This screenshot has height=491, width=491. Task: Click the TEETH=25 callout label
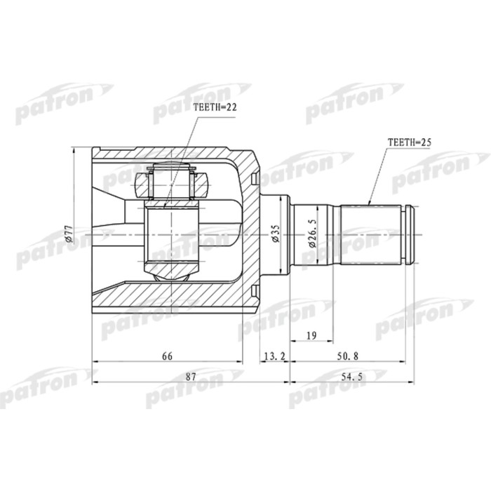click(x=408, y=142)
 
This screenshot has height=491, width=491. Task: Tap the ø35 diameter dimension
click(x=276, y=234)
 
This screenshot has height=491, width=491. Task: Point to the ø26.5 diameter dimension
click(x=308, y=234)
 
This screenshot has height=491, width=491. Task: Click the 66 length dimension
click(x=167, y=356)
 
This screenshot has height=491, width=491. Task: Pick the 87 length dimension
click(x=190, y=377)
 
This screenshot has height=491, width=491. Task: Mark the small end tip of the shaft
click(x=415, y=234)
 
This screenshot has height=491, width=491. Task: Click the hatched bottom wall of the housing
click(x=175, y=298)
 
